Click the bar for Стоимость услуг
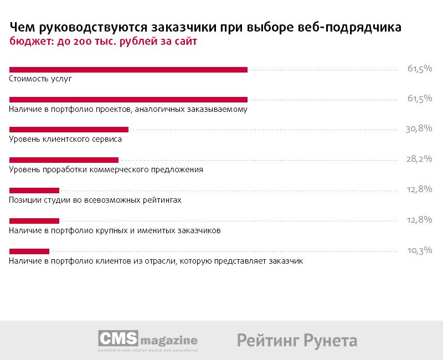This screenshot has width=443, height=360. point(128,69)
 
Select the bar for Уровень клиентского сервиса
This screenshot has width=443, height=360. point(69,130)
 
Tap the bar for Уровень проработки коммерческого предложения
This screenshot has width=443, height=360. point(64,160)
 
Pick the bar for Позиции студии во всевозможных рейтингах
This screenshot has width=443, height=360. point(34,190)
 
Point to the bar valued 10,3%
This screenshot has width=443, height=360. point(29,250)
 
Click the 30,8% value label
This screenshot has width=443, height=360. point(419,128)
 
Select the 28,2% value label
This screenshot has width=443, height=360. point(419,159)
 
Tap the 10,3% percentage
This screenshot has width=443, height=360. point(419,250)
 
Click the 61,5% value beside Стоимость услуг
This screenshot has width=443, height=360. point(419,69)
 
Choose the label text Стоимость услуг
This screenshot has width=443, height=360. point(41,79)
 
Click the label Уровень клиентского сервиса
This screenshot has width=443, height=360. point(65,140)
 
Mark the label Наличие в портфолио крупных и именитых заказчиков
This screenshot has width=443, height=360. point(115,230)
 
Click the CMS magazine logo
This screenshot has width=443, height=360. point(148,340)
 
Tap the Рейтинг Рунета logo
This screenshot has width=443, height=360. point(297,340)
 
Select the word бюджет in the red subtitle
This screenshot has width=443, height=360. point(29,42)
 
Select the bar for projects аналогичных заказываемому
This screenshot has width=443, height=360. point(128,99)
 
